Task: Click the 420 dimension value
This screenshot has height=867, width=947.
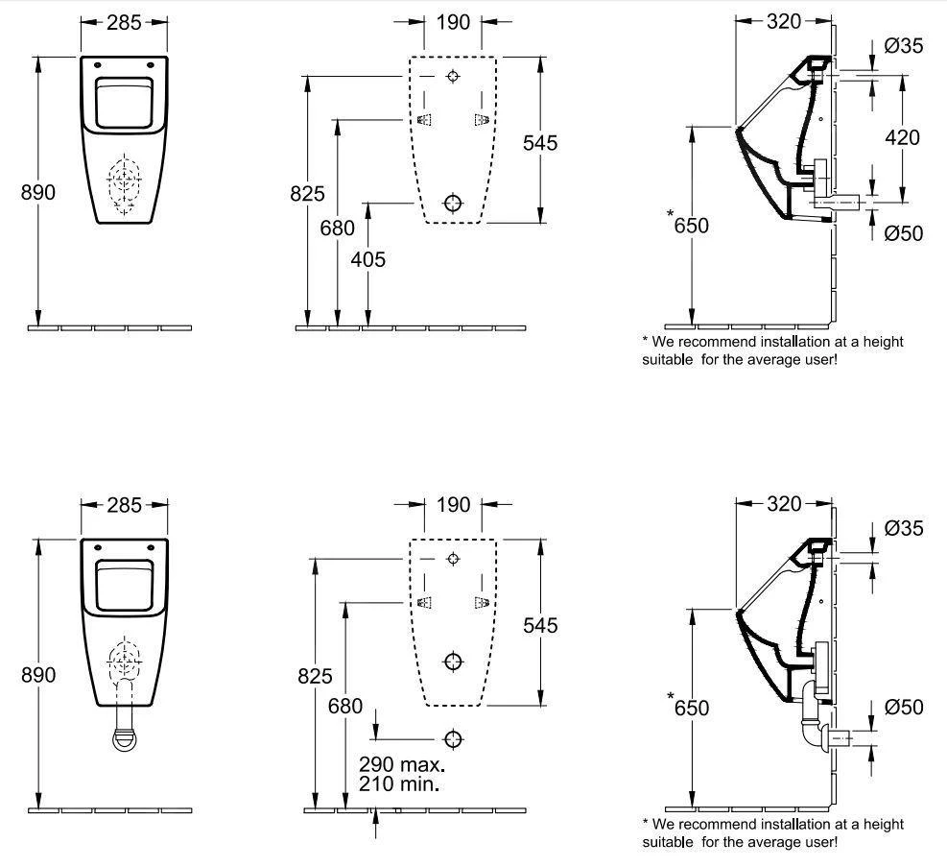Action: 901,137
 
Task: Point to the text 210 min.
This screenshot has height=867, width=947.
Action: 398,784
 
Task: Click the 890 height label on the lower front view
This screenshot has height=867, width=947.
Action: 38,674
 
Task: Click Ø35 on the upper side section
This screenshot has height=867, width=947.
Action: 904,46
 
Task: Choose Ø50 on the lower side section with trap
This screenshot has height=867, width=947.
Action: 904,708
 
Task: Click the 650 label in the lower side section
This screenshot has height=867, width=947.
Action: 692,709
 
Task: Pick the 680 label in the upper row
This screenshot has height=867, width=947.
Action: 338,229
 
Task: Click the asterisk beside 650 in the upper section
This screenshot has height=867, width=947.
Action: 672,215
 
